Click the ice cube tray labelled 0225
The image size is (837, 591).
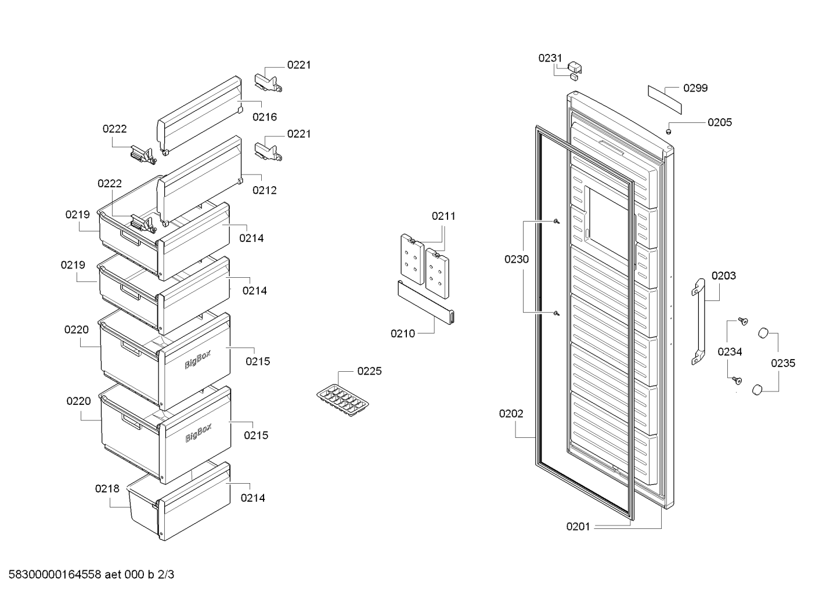(342, 400)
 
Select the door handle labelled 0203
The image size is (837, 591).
(698, 322)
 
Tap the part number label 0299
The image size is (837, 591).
(695, 88)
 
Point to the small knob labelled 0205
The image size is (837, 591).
(669, 132)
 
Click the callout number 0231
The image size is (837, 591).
(550, 58)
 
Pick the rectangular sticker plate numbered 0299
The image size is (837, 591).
(665, 100)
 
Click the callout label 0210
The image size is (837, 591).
(403, 333)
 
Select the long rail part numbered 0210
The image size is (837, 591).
(426, 302)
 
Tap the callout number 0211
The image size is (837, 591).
(443, 216)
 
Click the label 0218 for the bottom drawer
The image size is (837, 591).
(107, 489)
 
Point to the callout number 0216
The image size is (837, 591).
(265, 117)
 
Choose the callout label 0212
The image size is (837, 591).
(265, 190)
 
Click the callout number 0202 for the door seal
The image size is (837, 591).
(511, 414)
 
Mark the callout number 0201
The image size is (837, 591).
(578, 527)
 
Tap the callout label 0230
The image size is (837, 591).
(517, 259)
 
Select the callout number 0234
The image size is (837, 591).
(730, 351)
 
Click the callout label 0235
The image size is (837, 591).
(783, 363)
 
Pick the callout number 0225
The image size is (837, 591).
(370, 371)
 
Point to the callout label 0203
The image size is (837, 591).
(724, 276)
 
